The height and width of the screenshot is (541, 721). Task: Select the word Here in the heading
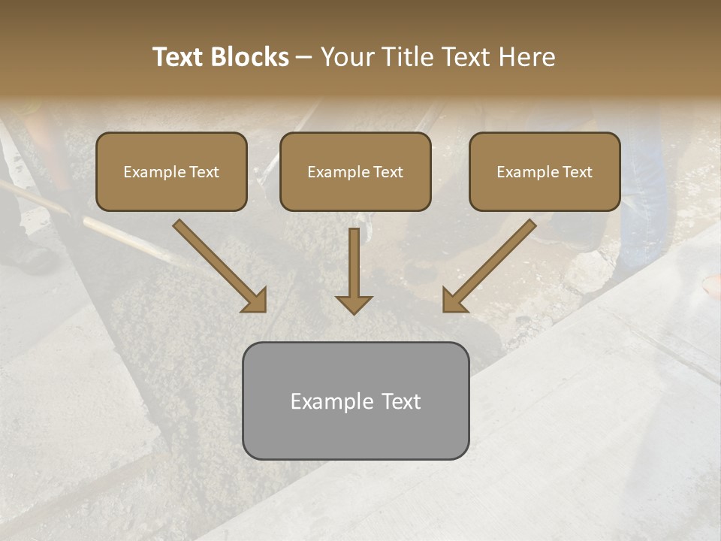529,57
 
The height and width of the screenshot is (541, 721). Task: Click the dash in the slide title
304,58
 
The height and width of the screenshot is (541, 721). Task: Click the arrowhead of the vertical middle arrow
354,304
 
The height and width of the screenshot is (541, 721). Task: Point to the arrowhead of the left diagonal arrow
256,301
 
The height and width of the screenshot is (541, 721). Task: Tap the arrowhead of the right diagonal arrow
453,301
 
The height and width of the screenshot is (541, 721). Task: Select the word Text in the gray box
402,401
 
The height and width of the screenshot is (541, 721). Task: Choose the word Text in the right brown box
578,172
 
